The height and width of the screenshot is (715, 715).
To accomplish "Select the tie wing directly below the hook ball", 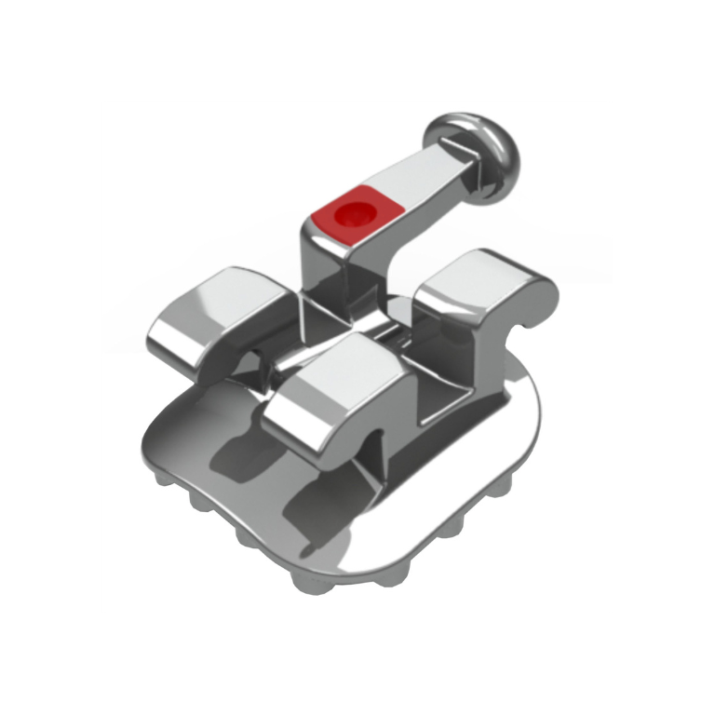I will click(484, 279).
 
